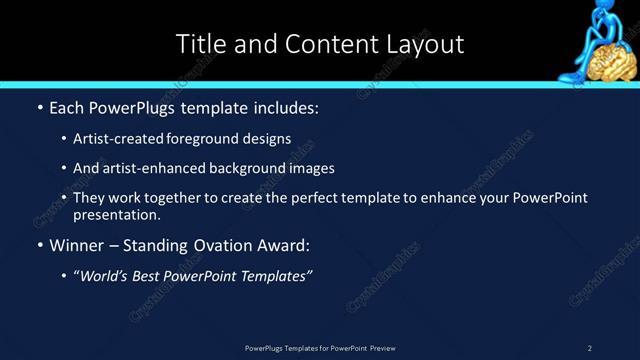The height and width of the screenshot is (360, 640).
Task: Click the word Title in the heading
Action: point(199,44)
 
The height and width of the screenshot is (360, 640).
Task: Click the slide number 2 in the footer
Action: point(590,348)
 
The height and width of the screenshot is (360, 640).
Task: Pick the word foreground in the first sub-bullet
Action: point(217,139)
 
